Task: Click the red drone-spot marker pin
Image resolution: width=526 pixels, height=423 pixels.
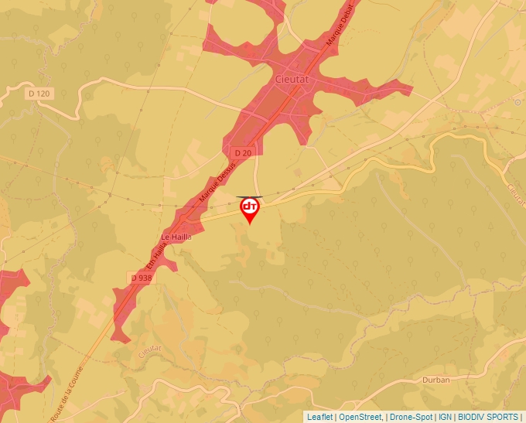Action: (x=250, y=210)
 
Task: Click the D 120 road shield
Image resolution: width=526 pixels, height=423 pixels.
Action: (x=39, y=94)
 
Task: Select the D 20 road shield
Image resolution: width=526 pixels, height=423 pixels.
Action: (x=243, y=153)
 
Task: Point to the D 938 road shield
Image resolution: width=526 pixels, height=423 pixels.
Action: (x=141, y=278)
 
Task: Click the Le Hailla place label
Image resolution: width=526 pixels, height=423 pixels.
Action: (x=176, y=237)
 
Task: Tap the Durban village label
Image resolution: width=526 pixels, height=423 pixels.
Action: (x=436, y=380)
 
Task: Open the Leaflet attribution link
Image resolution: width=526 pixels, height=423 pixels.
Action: (x=319, y=417)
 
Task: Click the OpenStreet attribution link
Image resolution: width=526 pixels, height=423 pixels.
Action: (x=360, y=417)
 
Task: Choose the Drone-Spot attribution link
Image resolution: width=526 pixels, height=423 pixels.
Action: (x=410, y=417)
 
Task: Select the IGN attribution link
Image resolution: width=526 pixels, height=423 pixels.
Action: (x=445, y=417)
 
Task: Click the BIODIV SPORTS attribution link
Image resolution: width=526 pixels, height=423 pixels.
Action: (x=488, y=417)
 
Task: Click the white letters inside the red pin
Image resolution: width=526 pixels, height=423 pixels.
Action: (x=250, y=206)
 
